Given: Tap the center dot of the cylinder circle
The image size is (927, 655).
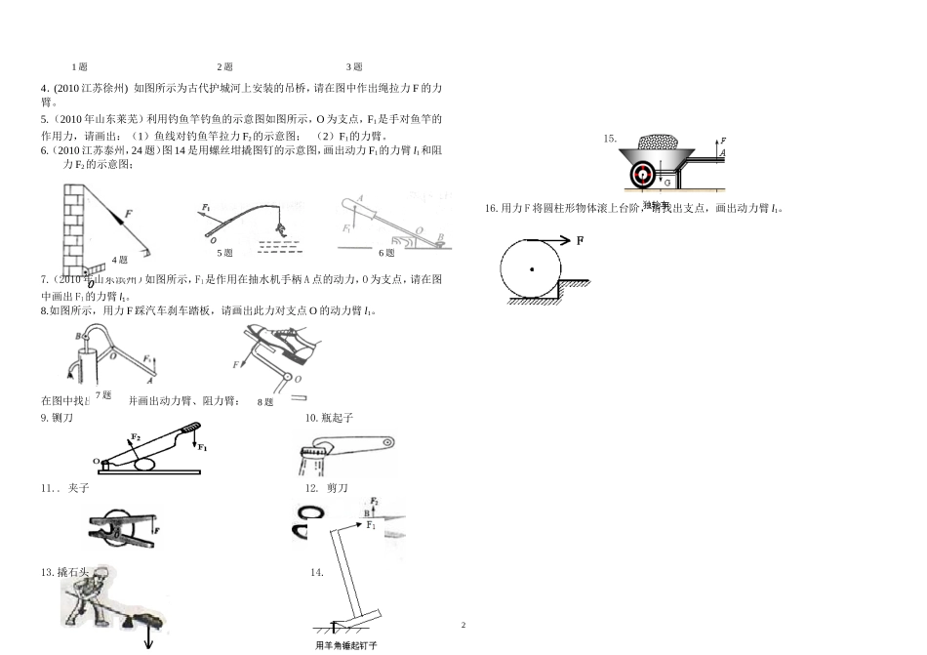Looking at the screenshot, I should pos(531,268).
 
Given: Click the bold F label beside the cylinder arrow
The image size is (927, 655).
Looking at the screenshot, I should pos(581,239).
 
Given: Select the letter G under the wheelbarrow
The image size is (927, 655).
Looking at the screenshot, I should pos(666,183).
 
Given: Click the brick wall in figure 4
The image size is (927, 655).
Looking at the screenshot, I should pos(74,221).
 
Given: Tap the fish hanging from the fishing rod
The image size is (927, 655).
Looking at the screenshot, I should pos(280,229).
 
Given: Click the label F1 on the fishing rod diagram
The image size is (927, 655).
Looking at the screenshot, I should pos(207,207).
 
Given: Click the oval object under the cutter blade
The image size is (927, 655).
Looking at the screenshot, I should pos(144,465).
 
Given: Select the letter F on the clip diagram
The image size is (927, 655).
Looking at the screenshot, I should pos(156,530).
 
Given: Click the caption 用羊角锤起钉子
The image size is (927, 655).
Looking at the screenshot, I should pos(346,646).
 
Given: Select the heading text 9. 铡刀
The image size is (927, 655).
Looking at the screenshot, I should pos(57,418).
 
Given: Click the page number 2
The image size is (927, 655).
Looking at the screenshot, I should pos(464,625).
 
